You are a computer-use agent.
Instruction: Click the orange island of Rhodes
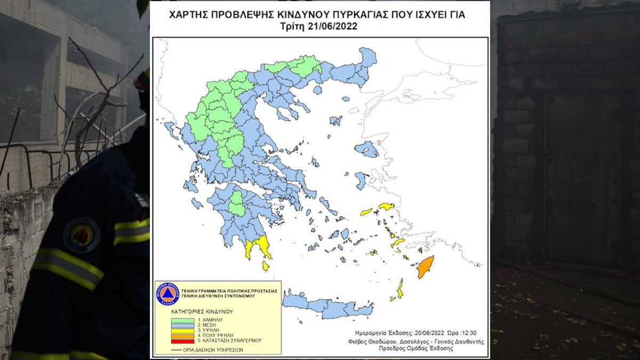(425, 267)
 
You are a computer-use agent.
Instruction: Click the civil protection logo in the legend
(167, 294)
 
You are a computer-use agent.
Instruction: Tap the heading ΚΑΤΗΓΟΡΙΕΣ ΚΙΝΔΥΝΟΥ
(202, 311)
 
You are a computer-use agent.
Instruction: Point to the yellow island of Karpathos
(400, 289)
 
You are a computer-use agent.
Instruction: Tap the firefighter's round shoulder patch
(82, 235)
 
